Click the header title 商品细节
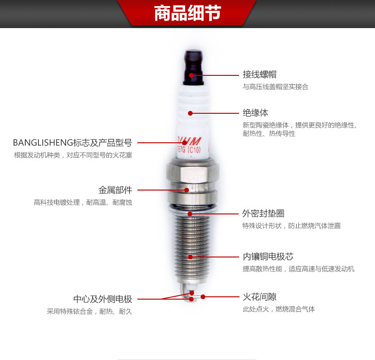[187, 14]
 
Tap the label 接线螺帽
[259, 74]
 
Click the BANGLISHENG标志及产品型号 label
[72, 142]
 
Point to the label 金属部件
[115, 190]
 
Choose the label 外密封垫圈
[263, 213]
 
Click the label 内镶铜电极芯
[268, 257]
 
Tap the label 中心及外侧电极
[103, 299]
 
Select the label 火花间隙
[259, 297]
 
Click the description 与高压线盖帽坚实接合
[275, 87]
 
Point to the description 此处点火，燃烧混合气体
[278, 309]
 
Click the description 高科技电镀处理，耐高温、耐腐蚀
[82, 203]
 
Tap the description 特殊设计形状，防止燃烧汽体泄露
[291, 226]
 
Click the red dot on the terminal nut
[191, 74]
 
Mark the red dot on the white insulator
[190, 113]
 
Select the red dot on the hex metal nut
[187, 190]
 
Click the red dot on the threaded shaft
[190, 257]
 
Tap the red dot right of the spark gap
[203, 297]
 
